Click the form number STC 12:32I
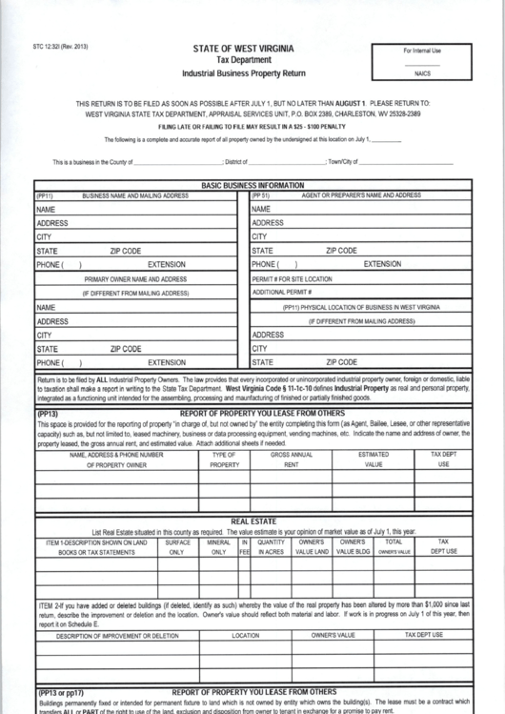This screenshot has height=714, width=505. pos(59,47)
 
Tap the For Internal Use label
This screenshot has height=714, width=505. pos(422,51)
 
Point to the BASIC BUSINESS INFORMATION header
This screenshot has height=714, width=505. pos(252,185)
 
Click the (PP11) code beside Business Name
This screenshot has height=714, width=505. pos(45,194)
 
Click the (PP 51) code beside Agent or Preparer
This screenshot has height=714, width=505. pos(261,194)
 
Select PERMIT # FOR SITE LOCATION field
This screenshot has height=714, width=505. pos(293,279)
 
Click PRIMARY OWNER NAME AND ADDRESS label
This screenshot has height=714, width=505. pos(135,279)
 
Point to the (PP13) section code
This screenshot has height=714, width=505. pos(49,414)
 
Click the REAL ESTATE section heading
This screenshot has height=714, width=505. pos(253,521)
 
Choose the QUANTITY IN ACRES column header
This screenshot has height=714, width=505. pos(272,546)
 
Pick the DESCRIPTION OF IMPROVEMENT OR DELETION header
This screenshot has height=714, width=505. pos(117,634)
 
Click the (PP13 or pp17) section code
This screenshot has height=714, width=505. pos(62,692)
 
